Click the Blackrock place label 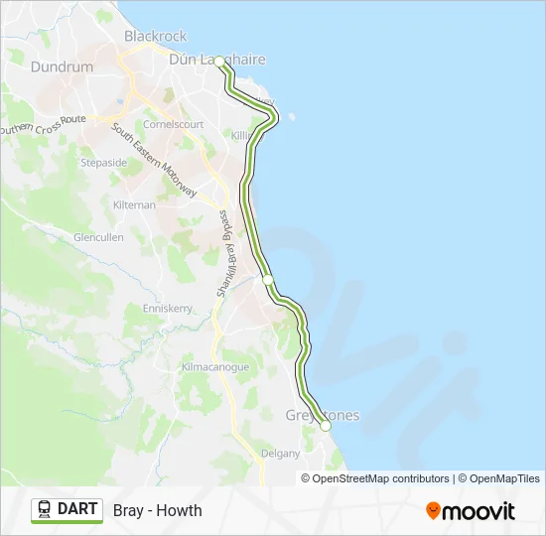(155, 36)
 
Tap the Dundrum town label (62, 67)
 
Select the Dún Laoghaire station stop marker (219, 62)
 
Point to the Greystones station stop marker (325, 426)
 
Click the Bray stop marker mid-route (267, 281)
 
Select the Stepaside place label (103, 162)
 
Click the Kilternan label (135, 204)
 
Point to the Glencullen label (98, 238)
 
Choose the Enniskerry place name (167, 309)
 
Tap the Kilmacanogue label (214, 367)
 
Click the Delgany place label (280, 454)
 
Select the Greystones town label (323, 415)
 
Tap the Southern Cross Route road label (44, 125)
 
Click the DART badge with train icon (68, 510)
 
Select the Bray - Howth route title (158, 510)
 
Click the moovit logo (471, 511)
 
